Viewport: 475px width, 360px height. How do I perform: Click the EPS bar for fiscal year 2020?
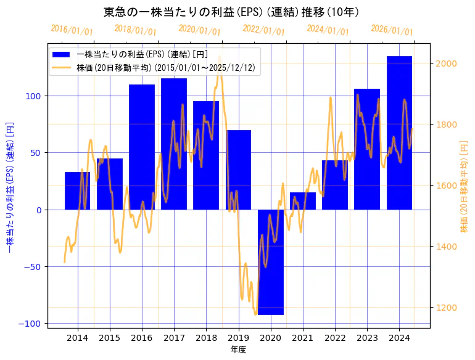[271, 262]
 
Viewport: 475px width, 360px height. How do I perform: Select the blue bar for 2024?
[399, 133]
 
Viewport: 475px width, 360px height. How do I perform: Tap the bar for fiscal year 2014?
[77, 190]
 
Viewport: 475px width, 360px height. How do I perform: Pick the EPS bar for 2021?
[303, 201]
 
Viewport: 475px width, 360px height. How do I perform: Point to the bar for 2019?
[239, 170]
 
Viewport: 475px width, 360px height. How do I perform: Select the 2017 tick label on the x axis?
[174, 338]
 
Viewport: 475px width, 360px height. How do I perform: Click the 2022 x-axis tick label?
[335, 338]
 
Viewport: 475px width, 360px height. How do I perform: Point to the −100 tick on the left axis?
[32, 324]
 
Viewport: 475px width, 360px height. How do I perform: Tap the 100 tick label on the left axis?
[35, 96]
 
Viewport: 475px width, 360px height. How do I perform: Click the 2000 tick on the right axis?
[446, 63]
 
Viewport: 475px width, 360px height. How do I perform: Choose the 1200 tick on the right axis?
[446, 308]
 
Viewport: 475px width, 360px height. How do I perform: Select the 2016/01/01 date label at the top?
[72, 30]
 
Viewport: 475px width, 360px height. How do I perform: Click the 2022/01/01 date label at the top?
[264, 30]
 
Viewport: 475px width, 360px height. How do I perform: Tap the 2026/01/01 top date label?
[392, 30]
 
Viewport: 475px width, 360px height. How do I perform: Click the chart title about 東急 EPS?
[231, 12]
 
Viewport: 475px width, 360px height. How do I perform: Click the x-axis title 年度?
[238, 350]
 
